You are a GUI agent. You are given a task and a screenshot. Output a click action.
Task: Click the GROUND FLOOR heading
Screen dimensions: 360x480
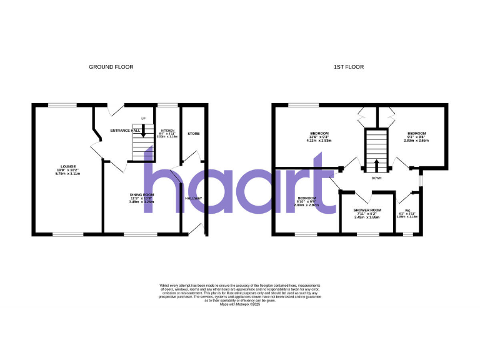click(x=111, y=67)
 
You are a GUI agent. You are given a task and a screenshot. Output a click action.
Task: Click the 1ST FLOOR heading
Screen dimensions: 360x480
click(x=353, y=67)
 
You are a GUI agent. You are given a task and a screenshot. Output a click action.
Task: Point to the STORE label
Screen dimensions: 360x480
click(x=194, y=133)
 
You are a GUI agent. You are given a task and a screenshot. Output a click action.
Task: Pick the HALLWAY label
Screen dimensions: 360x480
click(x=194, y=199)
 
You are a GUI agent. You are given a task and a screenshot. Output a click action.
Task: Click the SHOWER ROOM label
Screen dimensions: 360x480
click(x=367, y=210)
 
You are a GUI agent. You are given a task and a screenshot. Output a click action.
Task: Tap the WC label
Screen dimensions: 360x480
click(x=407, y=210)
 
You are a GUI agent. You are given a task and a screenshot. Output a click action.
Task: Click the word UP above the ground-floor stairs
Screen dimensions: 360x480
click(x=143, y=119)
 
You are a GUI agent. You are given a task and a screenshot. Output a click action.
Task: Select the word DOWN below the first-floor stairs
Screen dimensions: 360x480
click(x=376, y=177)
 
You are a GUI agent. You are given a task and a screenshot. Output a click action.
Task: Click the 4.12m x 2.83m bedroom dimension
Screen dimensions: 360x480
click(x=319, y=141)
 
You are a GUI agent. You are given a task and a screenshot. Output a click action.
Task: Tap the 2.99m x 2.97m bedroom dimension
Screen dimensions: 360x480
click(x=307, y=204)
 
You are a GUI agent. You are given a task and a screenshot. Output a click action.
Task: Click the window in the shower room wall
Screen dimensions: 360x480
click(x=367, y=234)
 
